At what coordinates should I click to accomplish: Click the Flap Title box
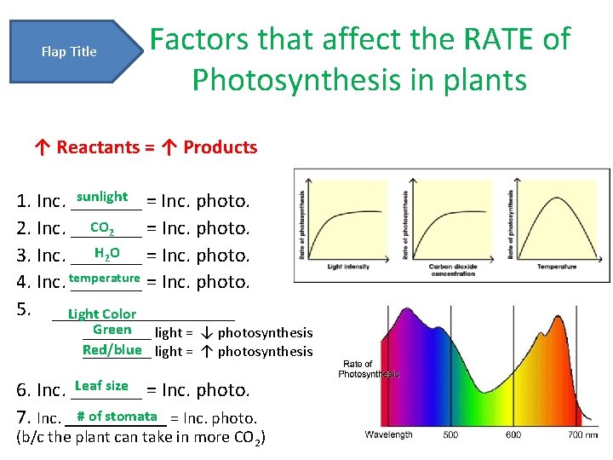pos(70,52)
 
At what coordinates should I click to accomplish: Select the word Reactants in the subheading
pos(98,147)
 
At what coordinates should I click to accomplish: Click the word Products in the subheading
pos(220,147)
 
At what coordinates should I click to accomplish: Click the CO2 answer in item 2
pos(102,227)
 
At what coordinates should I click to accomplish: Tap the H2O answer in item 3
pos(106,253)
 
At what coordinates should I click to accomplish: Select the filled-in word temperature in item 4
pos(104,279)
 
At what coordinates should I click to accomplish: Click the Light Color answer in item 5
pos(102,314)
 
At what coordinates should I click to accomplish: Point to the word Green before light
pos(112,330)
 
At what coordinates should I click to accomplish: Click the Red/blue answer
pos(112,350)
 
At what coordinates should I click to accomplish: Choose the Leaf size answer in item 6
pos(101,386)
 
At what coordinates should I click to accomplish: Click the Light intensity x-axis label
pos(349,267)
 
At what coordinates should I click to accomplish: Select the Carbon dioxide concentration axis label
pos(452,270)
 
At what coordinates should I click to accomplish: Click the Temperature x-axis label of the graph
pos(556,267)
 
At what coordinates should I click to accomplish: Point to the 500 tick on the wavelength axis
pos(450,434)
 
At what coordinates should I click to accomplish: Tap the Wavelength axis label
pos(389,434)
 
